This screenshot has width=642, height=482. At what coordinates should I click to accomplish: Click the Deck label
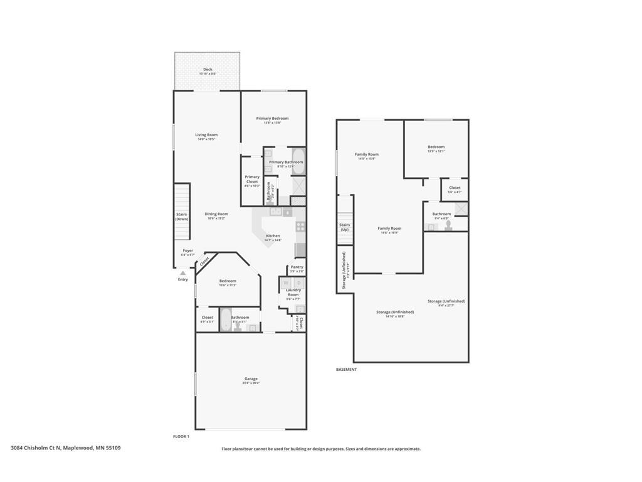[208, 70]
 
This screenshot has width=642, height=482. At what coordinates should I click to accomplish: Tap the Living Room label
[206, 135]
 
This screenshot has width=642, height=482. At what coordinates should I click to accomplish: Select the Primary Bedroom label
[272, 119]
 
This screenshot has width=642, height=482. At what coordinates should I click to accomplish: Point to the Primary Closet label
[252, 179]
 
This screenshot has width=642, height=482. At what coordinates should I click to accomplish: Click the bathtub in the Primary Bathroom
[298, 161]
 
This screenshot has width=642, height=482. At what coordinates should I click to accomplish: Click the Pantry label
[297, 267]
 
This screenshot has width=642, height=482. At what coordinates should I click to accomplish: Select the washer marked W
[286, 283]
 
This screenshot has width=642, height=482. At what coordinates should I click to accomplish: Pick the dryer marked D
[298, 283]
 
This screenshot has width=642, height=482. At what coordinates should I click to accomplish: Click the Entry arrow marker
[182, 273]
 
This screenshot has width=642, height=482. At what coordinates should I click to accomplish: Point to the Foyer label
[188, 250]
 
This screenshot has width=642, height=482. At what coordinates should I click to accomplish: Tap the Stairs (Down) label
[182, 217]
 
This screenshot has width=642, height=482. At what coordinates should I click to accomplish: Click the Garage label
[251, 378]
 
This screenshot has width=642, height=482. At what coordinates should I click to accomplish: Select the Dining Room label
[216, 214]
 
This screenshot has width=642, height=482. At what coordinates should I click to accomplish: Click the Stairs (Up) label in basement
[344, 227]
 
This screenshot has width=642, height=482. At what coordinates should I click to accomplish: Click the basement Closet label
[455, 188]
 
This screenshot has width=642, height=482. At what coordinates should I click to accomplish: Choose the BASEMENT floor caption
[346, 370]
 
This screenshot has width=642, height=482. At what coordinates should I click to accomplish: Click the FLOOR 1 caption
[181, 436]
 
